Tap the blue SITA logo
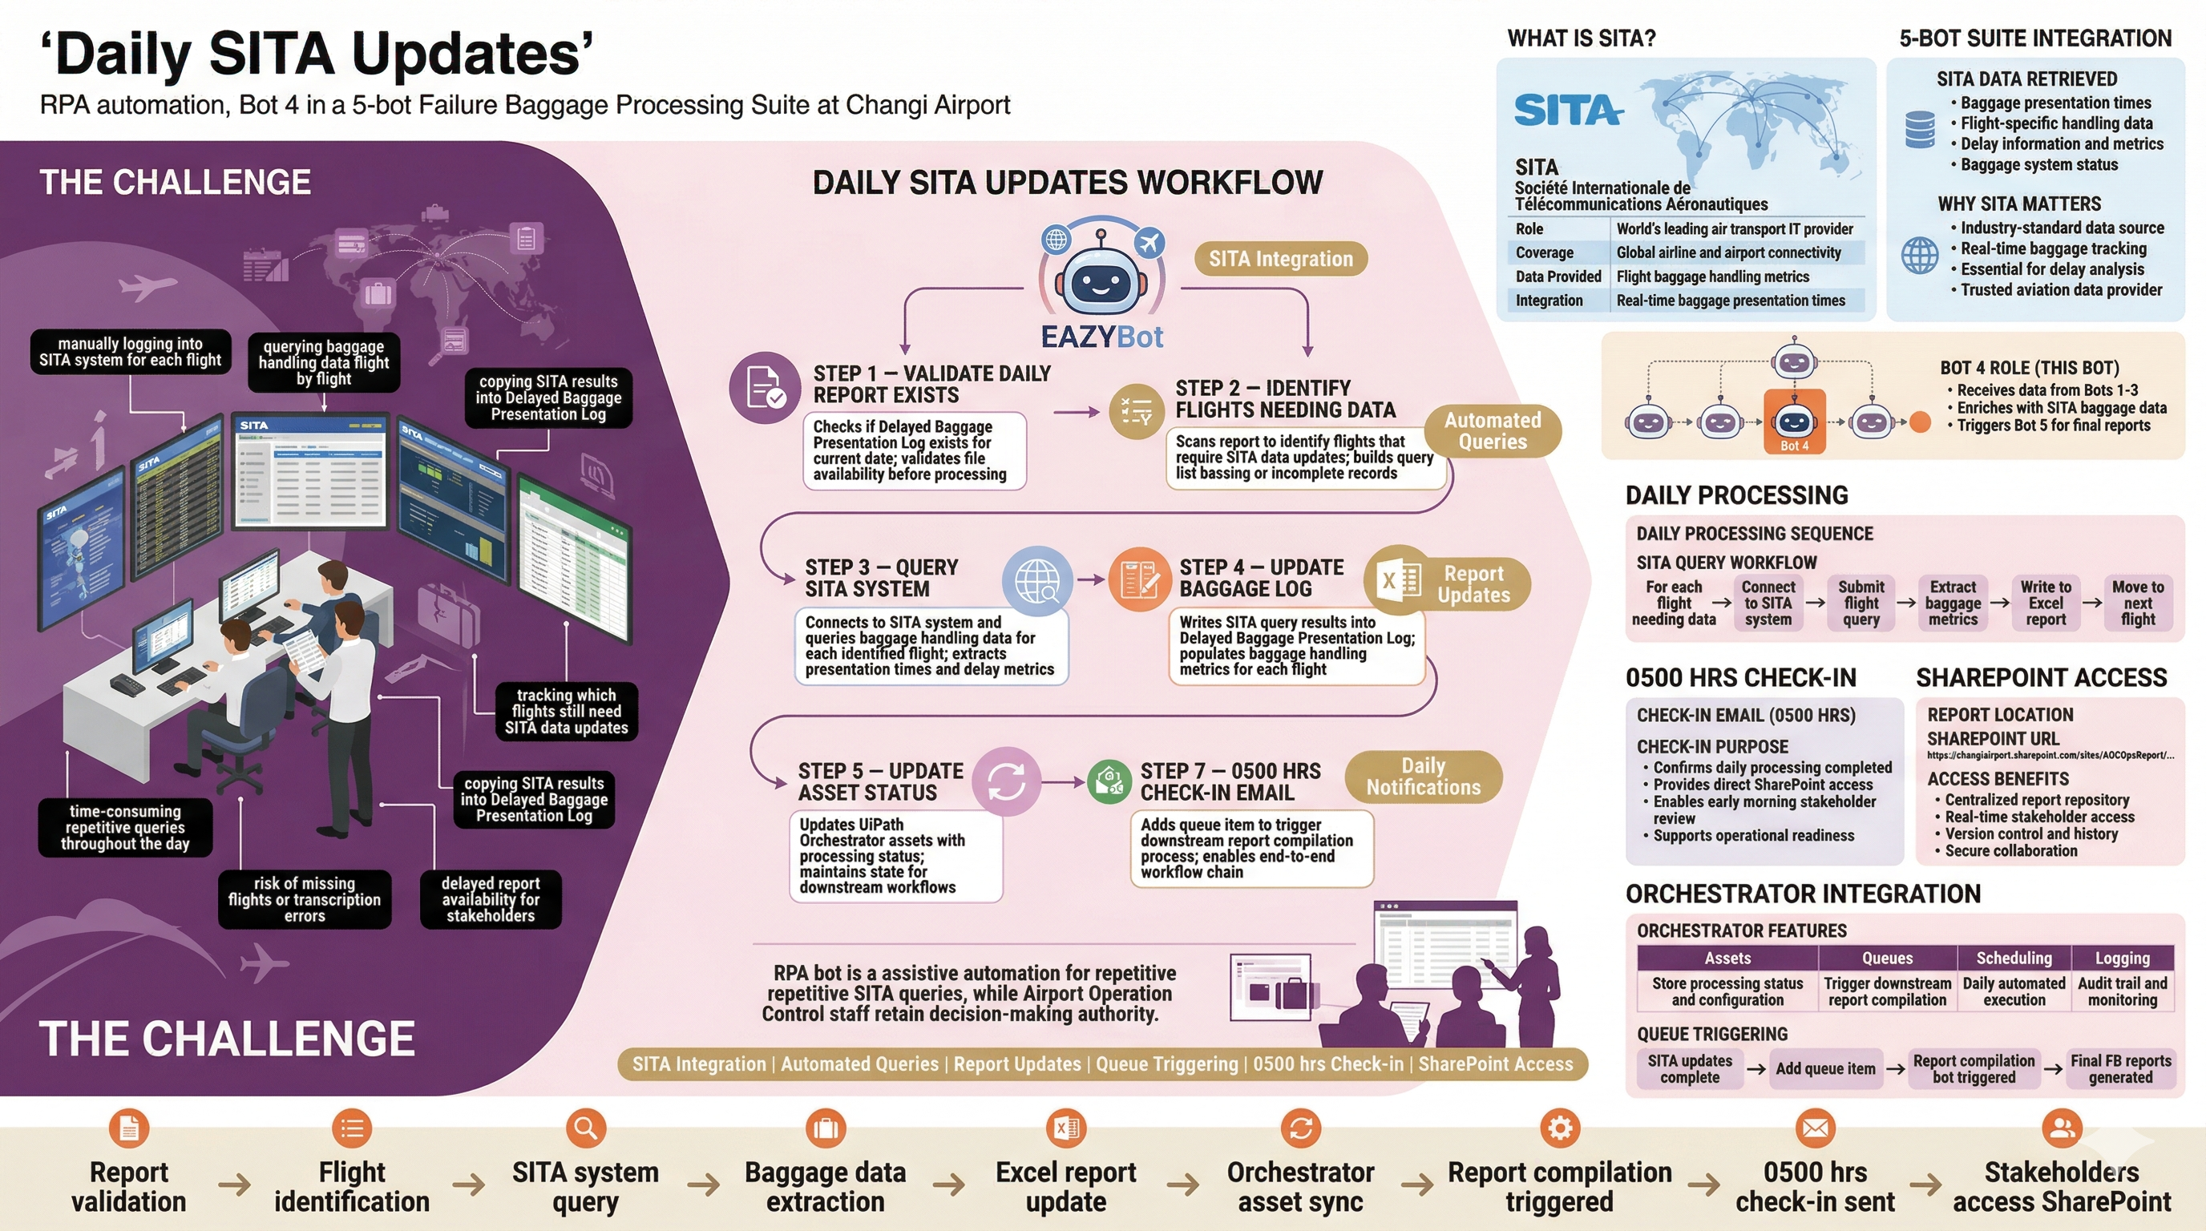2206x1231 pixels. (1567, 111)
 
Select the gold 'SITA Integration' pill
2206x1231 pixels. (1280, 259)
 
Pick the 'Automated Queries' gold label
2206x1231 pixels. (1492, 430)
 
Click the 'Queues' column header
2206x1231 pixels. (1887, 958)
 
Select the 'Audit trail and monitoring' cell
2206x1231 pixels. (2122, 991)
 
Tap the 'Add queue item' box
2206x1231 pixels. (1825, 1068)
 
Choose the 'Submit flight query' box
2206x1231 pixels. (1861, 603)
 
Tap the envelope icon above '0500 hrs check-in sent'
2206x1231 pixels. (1815, 1128)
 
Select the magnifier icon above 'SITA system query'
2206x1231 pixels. (586, 1128)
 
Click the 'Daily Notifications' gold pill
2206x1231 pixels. (1424, 777)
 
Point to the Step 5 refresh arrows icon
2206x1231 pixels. (1006, 780)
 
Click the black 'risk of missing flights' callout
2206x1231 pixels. (304, 899)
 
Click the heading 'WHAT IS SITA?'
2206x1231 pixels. (1581, 38)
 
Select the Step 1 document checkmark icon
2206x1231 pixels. (764, 388)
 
